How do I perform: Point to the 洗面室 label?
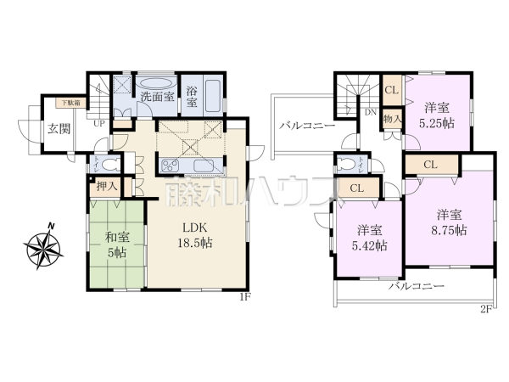(157, 97)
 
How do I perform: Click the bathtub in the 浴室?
(212, 96)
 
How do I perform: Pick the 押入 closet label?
(106, 184)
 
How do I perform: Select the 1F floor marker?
(244, 296)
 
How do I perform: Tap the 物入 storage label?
(391, 121)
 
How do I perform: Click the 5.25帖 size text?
(436, 122)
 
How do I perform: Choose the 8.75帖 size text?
(449, 229)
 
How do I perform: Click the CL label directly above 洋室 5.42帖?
(357, 188)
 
